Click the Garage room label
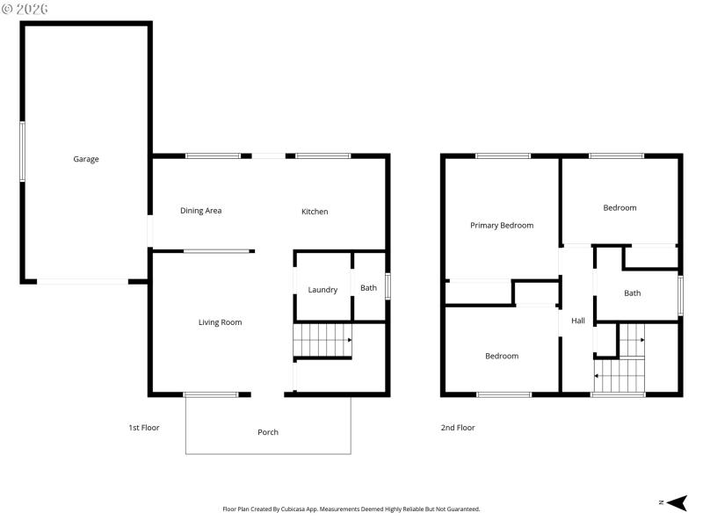pos(86,159)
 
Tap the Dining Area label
pos(200,211)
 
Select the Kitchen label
pos(315,212)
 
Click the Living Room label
pos(220,322)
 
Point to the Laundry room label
pos(323,290)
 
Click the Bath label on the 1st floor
pos(368,288)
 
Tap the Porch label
pos(268,432)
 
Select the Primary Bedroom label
pos(502,226)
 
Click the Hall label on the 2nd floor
pos(578,321)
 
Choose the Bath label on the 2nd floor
pos(633,293)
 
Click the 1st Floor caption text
pos(144,428)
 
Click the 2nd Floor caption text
pos(458,428)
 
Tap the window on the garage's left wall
pos(23,152)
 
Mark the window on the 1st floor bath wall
pos(388,287)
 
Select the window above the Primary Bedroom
pos(503,156)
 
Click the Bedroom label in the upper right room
pos(620,208)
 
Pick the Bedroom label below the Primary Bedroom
pos(502,357)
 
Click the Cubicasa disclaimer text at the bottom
pos(351,509)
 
